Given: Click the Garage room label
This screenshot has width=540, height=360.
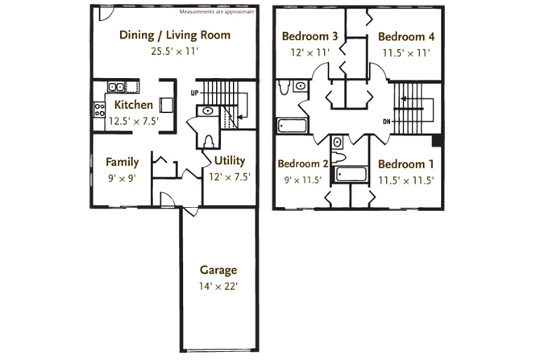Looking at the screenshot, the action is point(218,271).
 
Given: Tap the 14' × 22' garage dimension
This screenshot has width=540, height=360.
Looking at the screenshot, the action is point(218,287).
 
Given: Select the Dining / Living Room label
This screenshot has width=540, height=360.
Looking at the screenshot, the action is point(175,35).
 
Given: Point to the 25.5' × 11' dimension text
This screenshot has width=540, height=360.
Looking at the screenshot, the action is point(175,52).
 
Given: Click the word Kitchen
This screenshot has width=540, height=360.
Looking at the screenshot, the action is point(134,105).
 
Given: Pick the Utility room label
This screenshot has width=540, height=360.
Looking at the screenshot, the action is point(230,161).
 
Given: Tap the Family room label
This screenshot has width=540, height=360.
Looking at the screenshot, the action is point(123,162).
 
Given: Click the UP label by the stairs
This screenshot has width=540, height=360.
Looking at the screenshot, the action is point(194,93).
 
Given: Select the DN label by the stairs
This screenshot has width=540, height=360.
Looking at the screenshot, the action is point(387,122).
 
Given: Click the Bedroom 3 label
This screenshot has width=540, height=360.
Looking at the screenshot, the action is point(310,36).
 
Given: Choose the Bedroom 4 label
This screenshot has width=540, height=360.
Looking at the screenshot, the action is point(406,37).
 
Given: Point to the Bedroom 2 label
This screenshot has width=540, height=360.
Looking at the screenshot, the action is point(303,163).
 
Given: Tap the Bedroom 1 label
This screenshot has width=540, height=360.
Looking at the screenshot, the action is point(406,164).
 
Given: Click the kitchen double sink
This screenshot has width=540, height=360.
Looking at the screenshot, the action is point(116,86).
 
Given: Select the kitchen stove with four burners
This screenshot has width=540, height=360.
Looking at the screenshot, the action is point(99,110).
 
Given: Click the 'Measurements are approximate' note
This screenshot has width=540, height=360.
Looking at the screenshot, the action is point(217,12).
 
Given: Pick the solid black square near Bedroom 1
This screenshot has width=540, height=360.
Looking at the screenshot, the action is point(437,141).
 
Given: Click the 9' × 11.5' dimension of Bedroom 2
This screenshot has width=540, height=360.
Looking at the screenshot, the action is point(303,180).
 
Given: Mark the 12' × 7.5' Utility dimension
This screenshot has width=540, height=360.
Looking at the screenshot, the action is point(230,177).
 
